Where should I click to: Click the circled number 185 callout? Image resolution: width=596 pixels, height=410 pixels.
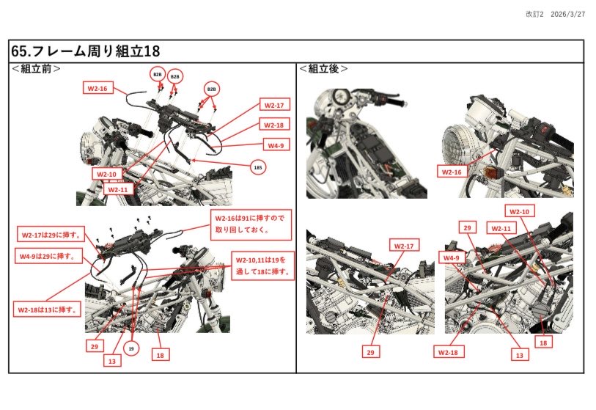point(257,168)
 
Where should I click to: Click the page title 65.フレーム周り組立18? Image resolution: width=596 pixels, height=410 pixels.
point(86,51)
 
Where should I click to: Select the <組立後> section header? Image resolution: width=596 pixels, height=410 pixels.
point(323,69)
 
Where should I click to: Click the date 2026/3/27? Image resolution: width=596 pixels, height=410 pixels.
point(567,15)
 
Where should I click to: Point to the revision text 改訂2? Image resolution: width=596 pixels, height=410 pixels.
point(534,15)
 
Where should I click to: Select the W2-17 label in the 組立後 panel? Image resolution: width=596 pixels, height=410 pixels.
point(405,245)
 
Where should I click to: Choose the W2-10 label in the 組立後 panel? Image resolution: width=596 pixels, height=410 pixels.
point(519,211)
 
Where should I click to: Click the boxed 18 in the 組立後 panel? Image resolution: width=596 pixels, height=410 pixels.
point(543,341)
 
